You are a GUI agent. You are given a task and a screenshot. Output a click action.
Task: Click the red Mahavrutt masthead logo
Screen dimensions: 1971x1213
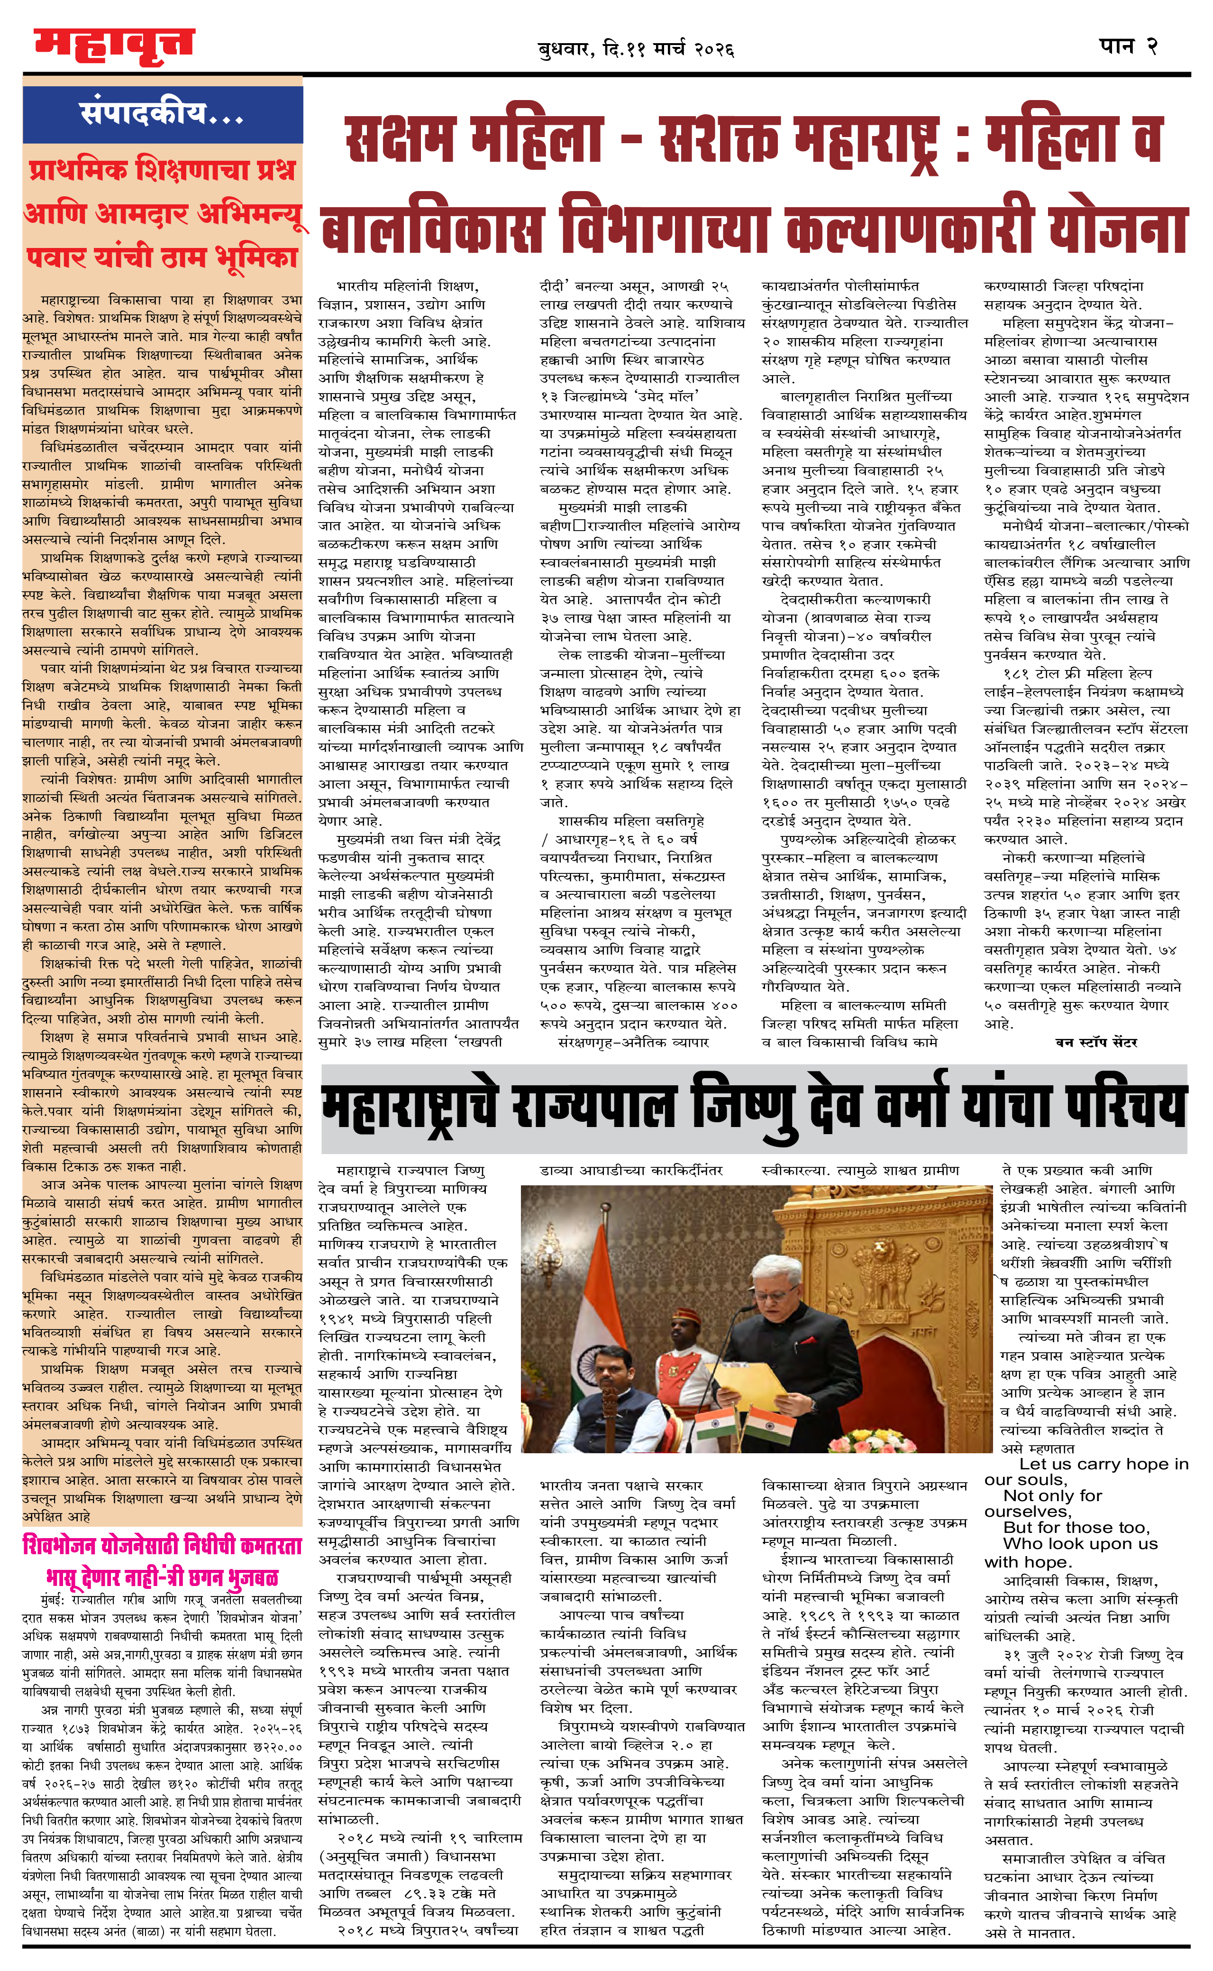coord(114,46)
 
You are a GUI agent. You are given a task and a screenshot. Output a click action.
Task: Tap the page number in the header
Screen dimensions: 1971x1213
coord(1128,46)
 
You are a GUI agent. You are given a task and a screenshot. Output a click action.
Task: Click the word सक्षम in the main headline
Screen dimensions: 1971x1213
coord(400,140)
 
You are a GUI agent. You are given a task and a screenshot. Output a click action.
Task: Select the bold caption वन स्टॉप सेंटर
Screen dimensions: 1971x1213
coord(1096,1043)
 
